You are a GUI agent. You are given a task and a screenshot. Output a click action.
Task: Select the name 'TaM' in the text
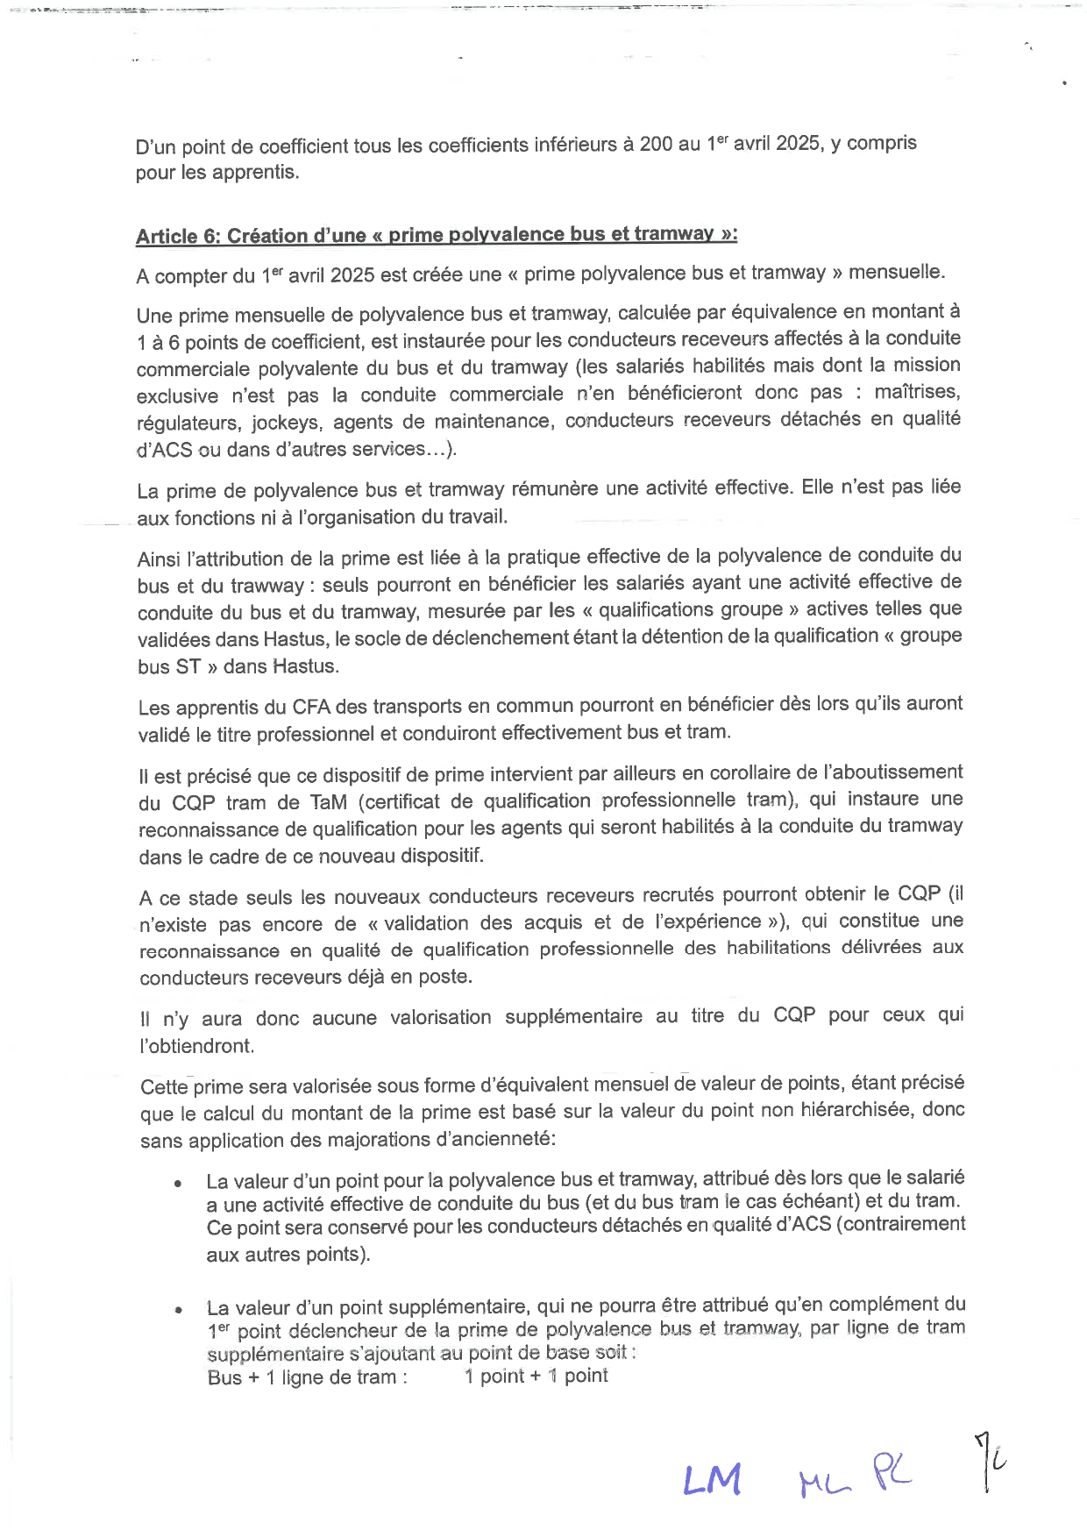[x=329, y=801]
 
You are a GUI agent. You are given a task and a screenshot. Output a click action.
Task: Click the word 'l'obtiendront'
[x=196, y=1046]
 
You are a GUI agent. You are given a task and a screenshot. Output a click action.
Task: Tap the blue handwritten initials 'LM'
[x=712, y=1481]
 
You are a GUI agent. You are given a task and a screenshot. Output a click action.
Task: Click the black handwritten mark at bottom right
[x=989, y=1461]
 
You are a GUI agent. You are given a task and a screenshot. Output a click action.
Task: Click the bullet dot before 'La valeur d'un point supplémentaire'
[x=178, y=1311]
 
